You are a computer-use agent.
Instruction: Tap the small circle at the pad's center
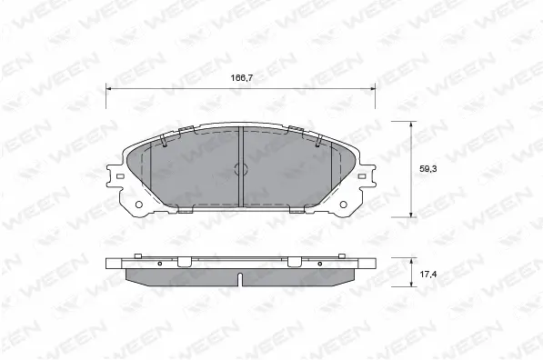coord(241,169)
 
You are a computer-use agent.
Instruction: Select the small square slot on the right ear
coord(364,175)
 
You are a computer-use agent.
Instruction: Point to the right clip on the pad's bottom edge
coord(296,210)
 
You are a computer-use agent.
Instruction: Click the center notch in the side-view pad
coord(239,277)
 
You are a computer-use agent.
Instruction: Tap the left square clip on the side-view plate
coord(183,262)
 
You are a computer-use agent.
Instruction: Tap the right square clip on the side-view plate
coord(295,262)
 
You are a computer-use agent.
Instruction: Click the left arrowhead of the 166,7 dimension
coord(110,87)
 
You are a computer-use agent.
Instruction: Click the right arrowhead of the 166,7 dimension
coord(373,87)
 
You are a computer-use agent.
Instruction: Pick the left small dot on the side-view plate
coord(158,264)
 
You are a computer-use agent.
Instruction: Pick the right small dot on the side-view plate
coord(320,264)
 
